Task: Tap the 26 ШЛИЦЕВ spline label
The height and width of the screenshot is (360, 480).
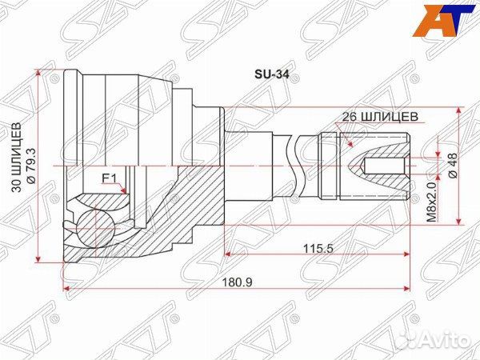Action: pyautogui.click(x=379, y=116)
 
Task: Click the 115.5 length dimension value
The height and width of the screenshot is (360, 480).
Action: pyautogui.click(x=318, y=247)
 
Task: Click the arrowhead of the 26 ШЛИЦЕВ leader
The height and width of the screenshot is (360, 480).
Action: pyautogui.click(x=353, y=144)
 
